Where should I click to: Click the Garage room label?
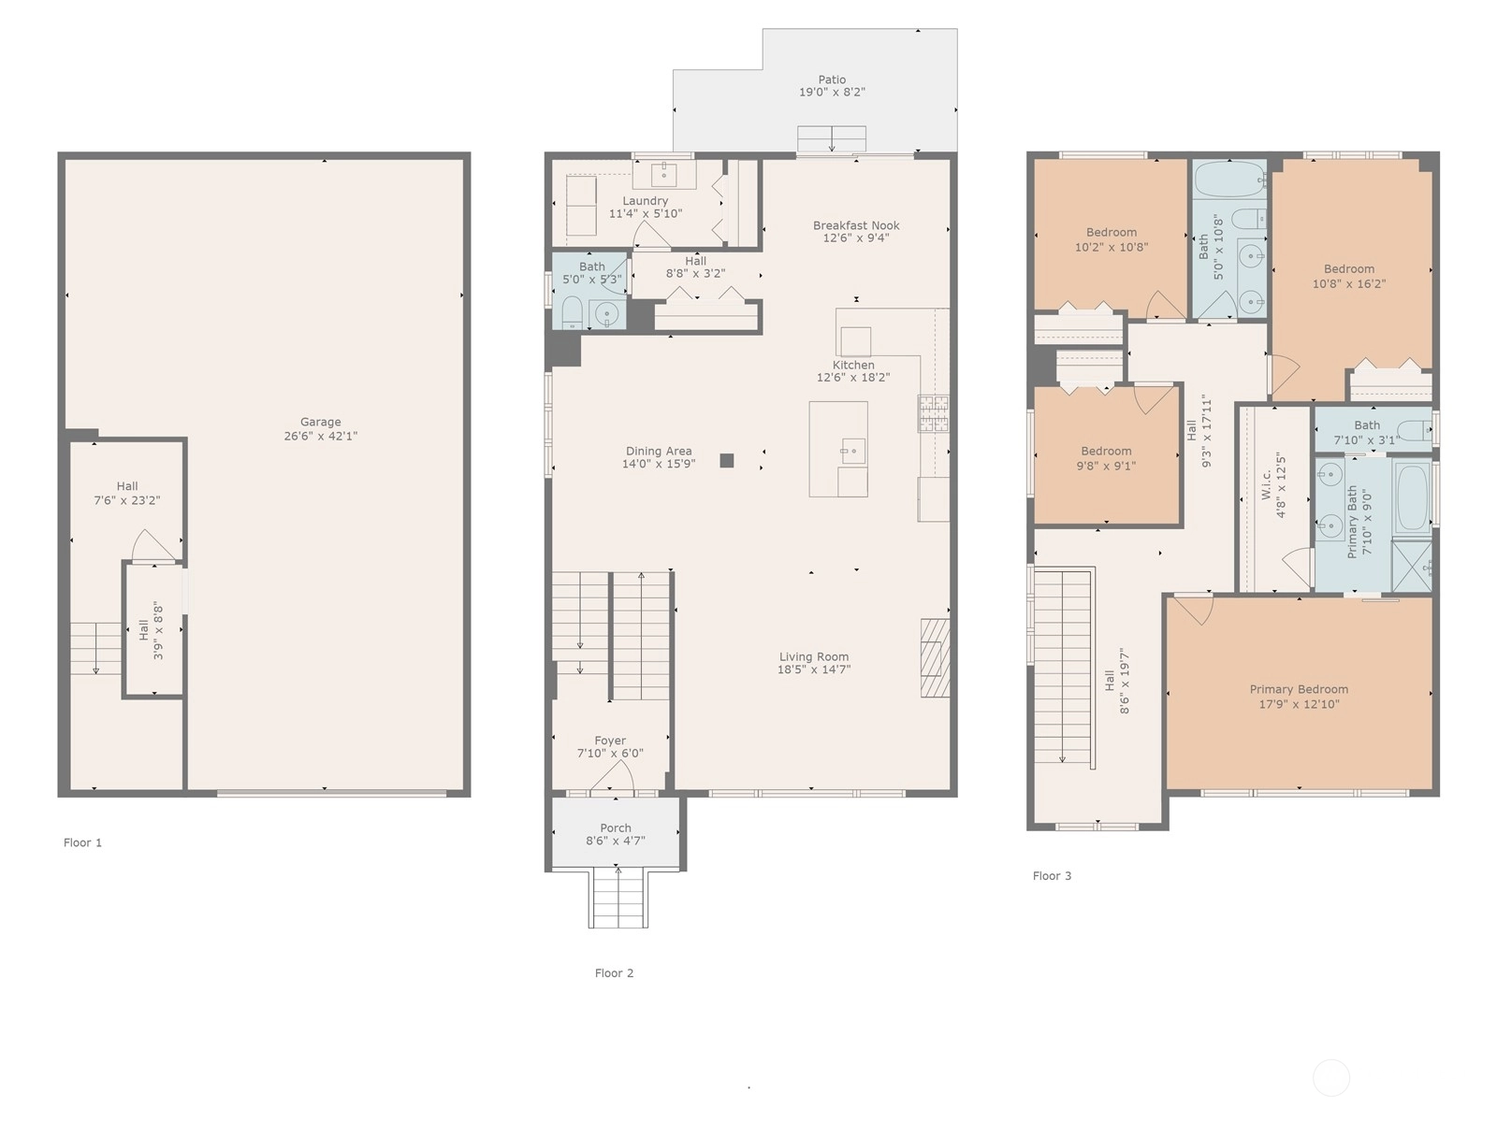[x=320, y=422]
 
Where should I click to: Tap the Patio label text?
[x=832, y=79]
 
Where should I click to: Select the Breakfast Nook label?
[x=856, y=225]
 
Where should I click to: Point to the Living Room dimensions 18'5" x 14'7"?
[x=814, y=669]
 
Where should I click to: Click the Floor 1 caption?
[x=82, y=842]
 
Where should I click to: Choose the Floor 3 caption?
[x=1052, y=876]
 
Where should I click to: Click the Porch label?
[x=615, y=828]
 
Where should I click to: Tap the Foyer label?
[x=610, y=741]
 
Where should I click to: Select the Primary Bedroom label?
[x=1299, y=689]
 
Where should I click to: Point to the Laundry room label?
[x=645, y=201]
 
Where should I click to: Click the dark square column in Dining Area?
[x=726, y=461]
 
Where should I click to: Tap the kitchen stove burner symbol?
[x=934, y=413]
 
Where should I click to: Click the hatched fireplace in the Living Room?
[x=935, y=657]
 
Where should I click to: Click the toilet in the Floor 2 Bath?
[x=572, y=312]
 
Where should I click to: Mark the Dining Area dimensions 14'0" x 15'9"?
[x=658, y=464]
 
